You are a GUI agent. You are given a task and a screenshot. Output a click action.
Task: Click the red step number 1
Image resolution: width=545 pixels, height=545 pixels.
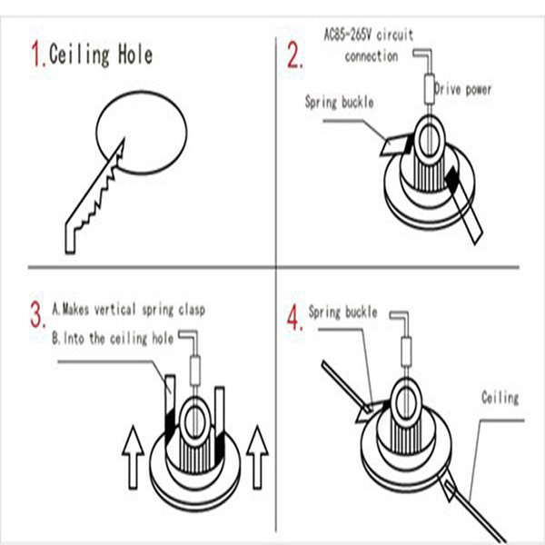pos(37,53)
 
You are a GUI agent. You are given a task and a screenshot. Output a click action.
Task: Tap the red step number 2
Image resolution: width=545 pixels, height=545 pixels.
pos(294,54)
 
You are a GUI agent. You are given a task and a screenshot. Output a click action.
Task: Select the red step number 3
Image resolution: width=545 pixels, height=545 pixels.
pos(37,314)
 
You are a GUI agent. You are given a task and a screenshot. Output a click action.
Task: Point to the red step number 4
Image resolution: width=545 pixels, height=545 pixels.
pos(294,316)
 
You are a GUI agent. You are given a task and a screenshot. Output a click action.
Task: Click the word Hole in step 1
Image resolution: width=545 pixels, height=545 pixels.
pos(135,54)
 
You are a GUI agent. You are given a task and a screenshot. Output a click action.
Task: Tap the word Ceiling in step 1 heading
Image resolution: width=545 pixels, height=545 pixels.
pos(79,54)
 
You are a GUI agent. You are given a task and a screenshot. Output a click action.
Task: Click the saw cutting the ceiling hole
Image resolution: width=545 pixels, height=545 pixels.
pos(94,196)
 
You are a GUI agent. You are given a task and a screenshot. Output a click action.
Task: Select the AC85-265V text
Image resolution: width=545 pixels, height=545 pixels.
pos(348,35)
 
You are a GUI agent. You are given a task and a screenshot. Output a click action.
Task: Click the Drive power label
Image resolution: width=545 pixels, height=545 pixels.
pos(462,90)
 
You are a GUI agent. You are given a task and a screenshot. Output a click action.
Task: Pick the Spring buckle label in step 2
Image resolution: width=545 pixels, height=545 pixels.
pos(339,102)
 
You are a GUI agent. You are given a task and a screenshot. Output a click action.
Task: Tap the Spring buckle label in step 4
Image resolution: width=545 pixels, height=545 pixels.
pos(342,312)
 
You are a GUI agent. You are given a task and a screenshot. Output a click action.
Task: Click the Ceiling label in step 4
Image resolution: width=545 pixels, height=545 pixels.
pos(500,398)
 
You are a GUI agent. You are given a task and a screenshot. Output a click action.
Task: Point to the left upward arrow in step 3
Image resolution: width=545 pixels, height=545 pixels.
pos(133,457)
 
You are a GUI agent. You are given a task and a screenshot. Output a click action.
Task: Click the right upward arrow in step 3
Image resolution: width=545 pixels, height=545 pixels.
pos(257,457)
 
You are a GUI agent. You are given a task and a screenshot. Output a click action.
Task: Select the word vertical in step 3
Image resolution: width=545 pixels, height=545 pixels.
pos(114,309)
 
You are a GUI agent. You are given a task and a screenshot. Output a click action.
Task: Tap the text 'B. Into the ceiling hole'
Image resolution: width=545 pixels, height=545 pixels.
pos(113,338)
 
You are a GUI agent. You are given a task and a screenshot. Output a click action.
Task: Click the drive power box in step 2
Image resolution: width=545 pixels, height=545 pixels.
pos(430,89)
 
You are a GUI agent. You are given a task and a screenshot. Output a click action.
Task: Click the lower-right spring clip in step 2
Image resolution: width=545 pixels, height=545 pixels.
pos(465,205)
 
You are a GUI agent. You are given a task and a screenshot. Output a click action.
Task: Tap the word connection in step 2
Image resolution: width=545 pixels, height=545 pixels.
pos(372,56)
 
